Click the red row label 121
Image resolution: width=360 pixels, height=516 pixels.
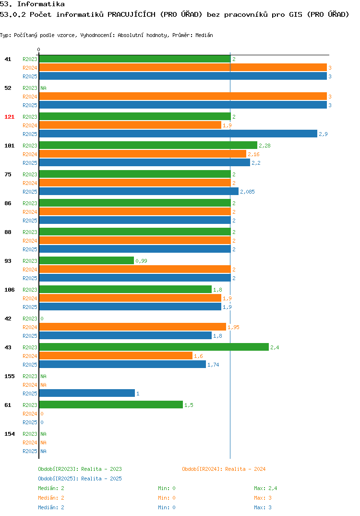[10, 117]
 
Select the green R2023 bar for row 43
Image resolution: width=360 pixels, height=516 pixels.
[154, 347]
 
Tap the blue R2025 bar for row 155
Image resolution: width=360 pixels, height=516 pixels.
[87, 393]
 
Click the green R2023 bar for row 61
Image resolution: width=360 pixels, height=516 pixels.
[111, 405]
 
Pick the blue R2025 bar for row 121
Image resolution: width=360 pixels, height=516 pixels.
[178, 134]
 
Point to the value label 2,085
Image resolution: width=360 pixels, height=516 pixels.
[247, 192]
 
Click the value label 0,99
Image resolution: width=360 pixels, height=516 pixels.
[142, 261]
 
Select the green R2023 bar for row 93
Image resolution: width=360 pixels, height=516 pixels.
[86, 260]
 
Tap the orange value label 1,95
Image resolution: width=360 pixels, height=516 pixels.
[233, 328]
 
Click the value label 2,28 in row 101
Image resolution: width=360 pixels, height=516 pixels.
[264, 146]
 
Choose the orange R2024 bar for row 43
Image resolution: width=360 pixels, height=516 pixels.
[116, 356]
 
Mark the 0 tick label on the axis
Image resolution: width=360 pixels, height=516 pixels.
[38, 49]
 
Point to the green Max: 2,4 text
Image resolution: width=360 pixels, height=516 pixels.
[265, 488]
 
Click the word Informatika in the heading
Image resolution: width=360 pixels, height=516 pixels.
[41, 4]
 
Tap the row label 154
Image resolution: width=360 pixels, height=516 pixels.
[10, 434]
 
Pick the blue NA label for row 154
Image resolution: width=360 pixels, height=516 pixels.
[43, 452]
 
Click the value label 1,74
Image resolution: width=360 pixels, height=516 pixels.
[213, 365]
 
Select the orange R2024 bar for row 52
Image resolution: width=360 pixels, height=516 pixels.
[183, 96]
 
